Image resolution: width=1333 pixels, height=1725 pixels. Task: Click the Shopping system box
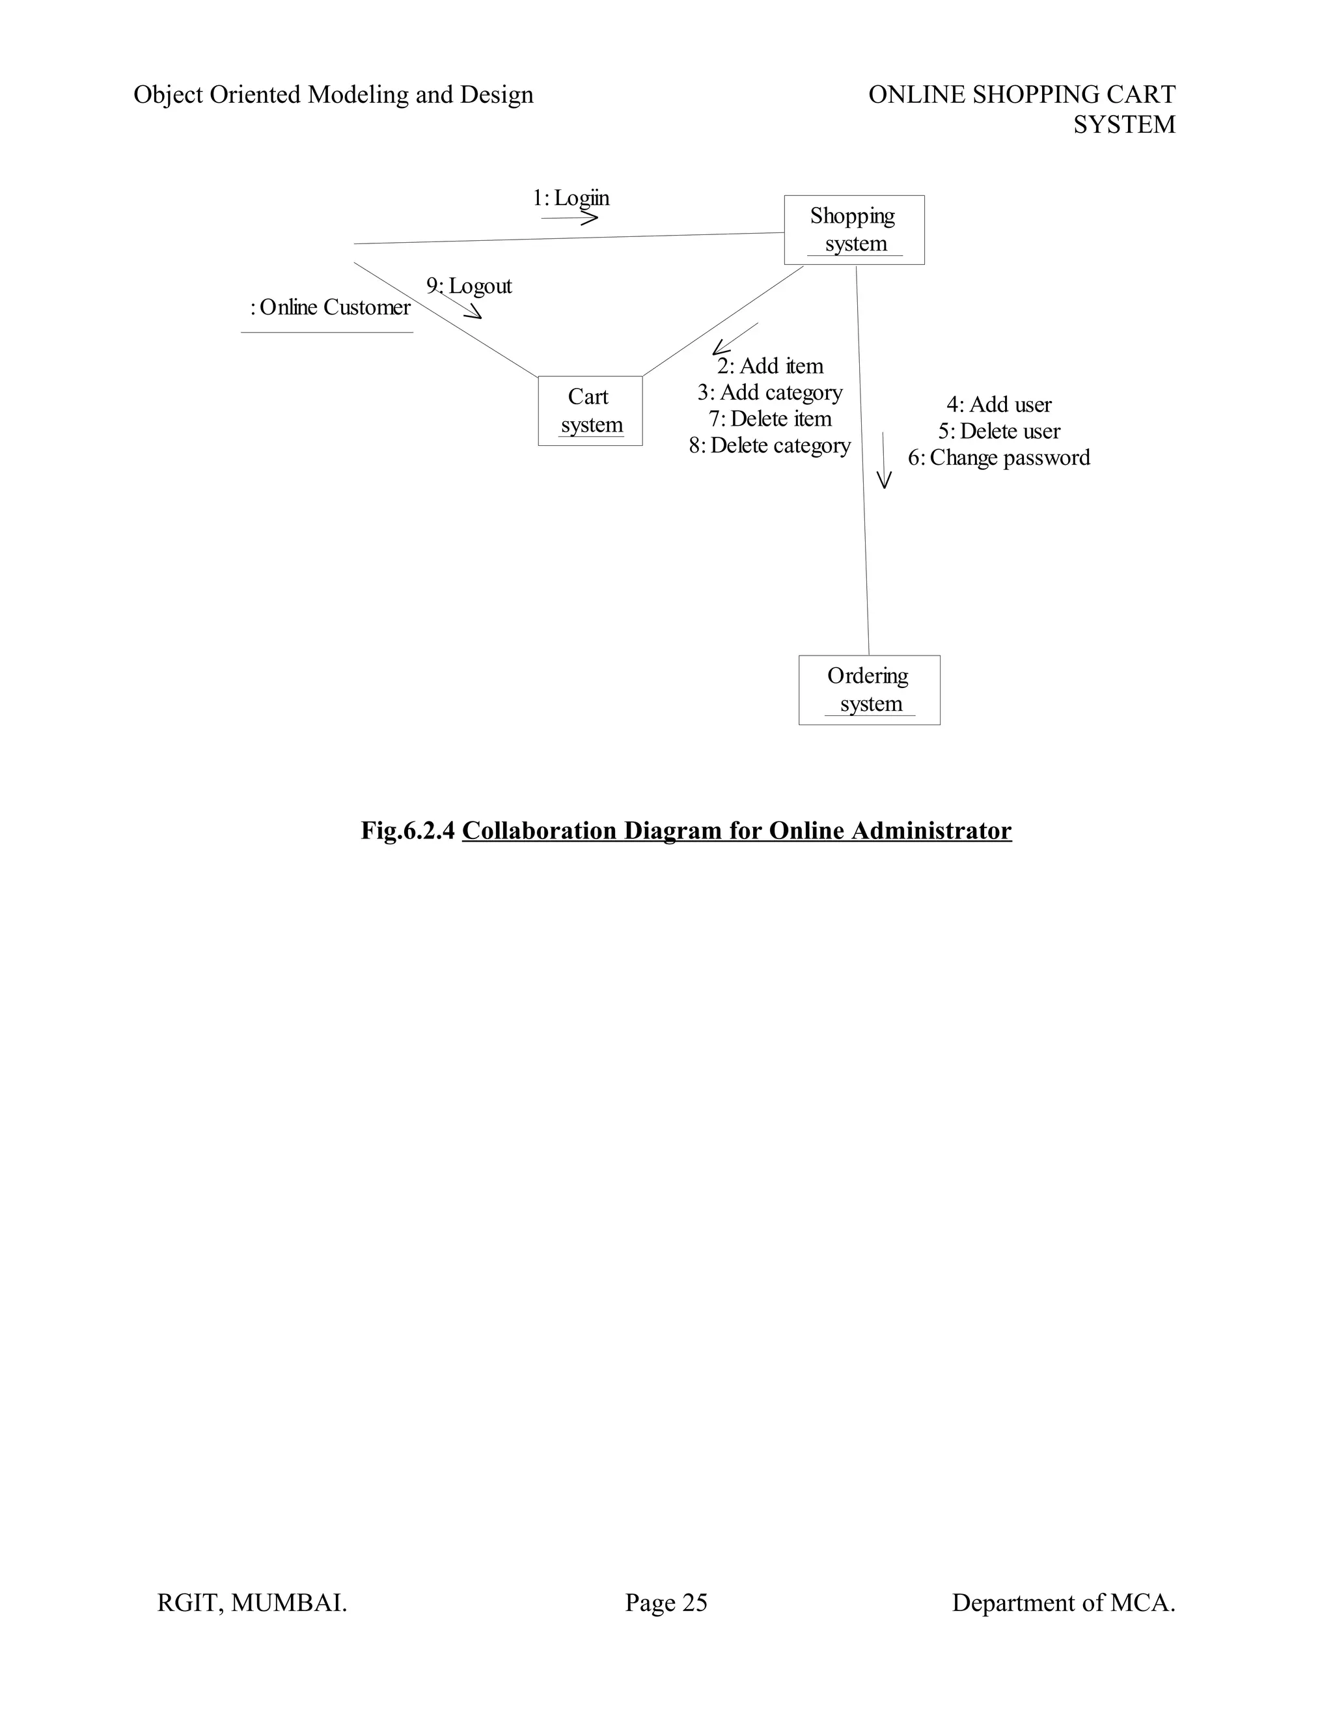click(x=854, y=229)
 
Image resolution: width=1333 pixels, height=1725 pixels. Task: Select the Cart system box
click(x=590, y=411)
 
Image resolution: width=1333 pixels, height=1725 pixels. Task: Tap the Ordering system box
click(x=869, y=689)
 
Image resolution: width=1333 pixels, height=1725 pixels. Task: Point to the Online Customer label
click(x=331, y=307)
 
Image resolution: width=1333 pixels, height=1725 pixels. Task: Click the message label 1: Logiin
click(x=571, y=199)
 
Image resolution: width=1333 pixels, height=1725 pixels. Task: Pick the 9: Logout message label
click(x=469, y=286)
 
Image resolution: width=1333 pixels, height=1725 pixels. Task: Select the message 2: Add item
click(x=770, y=366)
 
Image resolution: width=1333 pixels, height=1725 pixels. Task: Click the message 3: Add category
click(x=770, y=393)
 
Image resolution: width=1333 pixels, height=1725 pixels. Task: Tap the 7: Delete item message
click(x=770, y=419)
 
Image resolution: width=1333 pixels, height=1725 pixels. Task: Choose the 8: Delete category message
click(x=770, y=445)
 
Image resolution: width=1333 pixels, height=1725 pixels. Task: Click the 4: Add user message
click(x=999, y=404)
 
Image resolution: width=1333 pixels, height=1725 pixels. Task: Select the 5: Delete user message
click(x=999, y=431)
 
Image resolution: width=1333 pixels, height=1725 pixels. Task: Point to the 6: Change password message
click(x=999, y=458)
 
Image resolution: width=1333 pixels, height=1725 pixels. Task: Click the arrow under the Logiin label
click(x=570, y=218)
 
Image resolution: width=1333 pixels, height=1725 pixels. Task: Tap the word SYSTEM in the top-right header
click(x=1123, y=125)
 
